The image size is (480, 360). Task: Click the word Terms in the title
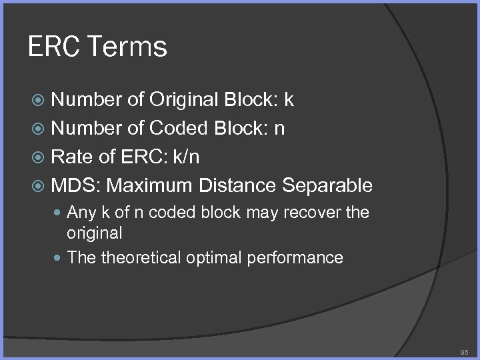click(x=127, y=47)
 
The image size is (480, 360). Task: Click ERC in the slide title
click(x=56, y=47)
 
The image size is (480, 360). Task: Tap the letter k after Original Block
click(x=289, y=100)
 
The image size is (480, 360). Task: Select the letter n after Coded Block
click(x=280, y=128)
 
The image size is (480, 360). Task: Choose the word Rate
click(x=72, y=156)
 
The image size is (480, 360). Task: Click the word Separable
click(x=327, y=184)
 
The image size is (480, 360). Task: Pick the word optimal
click(x=213, y=257)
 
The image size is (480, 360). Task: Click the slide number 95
click(x=464, y=351)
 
